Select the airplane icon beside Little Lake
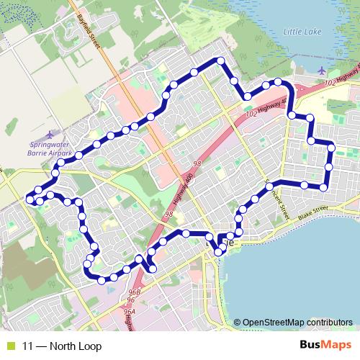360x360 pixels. [x=319, y=71]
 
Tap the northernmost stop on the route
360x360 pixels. [x=221, y=60]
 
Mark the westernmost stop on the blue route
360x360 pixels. [x=30, y=199]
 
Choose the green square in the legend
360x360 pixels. [x=9, y=346]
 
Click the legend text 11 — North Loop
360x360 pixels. [x=61, y=346]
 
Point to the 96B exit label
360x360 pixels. [x=134, y=292]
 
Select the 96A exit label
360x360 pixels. [x=129, y=312]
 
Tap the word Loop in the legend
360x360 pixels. [x=90, y=346]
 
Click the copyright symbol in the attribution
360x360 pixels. [x=237, y=323]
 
